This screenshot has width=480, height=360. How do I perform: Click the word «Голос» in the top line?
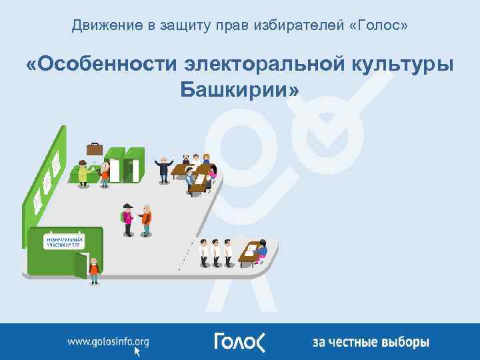coord(380,26)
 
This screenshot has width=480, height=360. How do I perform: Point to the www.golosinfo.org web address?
coord(108,341)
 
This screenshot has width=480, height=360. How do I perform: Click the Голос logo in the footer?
coord(239,341)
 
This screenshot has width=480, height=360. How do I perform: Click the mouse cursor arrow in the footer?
coord(138,350)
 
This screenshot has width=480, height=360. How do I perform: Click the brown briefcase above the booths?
coord(94,148)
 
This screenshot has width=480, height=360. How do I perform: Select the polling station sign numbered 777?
coord(65,241)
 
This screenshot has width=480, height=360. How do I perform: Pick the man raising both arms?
coord(163,168)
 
